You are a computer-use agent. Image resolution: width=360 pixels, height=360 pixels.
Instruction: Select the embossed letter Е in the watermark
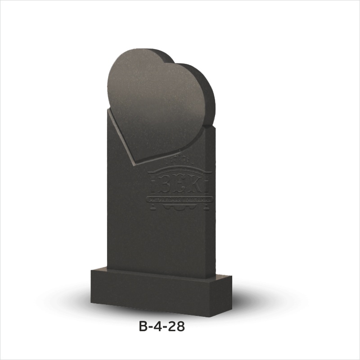[180, 185]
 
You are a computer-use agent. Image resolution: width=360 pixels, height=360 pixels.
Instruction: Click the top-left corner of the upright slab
[108, 111]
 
